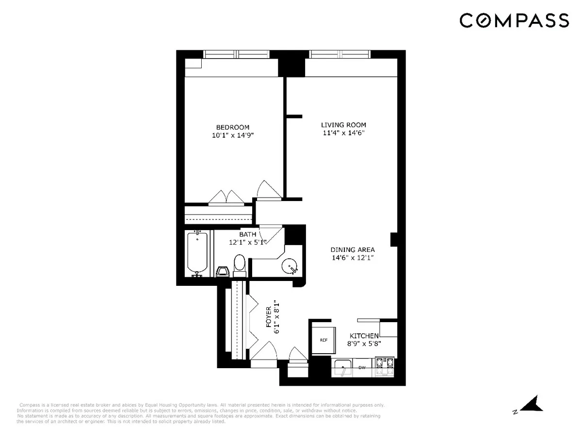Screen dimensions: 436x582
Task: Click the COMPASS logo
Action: point(514,20)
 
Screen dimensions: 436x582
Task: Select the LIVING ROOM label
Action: point(343,125)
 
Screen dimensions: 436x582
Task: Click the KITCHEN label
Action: point(364,336)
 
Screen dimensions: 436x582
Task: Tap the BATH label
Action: point(247,234)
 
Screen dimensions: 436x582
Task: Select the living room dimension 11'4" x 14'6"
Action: point(343,133)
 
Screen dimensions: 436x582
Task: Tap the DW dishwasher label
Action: point(361,368)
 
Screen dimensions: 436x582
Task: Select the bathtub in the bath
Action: point(197,253)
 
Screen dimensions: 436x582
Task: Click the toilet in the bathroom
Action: point(240,265)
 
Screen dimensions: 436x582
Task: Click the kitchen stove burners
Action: point(385,367)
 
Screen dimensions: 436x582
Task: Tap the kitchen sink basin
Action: point(344,368)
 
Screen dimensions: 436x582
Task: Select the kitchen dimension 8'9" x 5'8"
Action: point(364,344)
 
